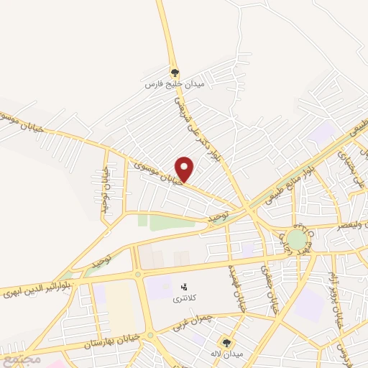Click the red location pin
point(185,168)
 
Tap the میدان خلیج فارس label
point(175,84)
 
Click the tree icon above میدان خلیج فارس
point(175,73)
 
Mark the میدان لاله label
point(228,354)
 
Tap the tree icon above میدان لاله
point(227,343)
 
